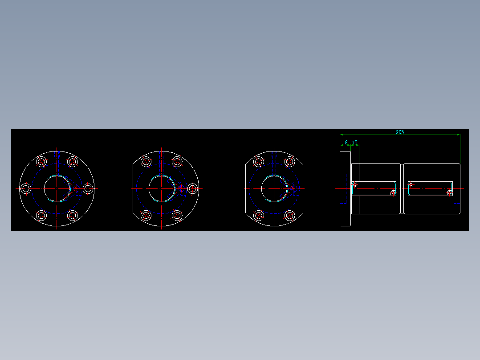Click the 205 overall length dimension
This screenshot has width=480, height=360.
tap(400, 132)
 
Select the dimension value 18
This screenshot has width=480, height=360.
tap(345, 143)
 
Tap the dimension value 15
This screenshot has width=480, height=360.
tap(355, 143)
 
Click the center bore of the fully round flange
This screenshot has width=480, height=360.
tap(57, 188)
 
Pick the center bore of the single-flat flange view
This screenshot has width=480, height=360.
tap(161, 188)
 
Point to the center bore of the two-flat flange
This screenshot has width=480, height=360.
tap(274, 188)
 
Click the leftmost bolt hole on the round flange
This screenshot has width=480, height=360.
tap(26, 188)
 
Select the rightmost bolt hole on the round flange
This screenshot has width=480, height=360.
tap(88, 188)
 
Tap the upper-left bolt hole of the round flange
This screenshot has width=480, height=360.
tap(41, 161)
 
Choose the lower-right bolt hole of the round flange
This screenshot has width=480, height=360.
tap(73, 216)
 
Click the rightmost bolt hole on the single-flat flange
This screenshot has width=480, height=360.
tap(192, 188)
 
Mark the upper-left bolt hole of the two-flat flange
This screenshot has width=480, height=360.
tap(258, 161)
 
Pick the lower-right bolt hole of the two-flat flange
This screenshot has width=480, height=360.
tap(289, 216)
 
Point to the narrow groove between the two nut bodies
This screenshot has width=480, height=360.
tap(402, 188)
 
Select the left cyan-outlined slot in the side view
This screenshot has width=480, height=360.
tap(374, 188)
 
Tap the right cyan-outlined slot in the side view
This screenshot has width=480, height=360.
tap(431, 188)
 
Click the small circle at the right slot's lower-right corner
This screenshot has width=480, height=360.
tap(450, 193)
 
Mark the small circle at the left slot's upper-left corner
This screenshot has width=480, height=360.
tap(354, 184)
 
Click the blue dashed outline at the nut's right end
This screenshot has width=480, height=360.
tap(457, 188)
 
